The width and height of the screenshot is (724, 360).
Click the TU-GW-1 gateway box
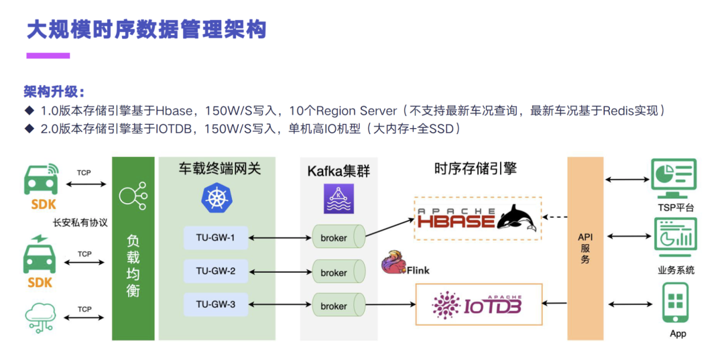tap(215, 237)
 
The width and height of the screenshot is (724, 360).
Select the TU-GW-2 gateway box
tap(215, 271)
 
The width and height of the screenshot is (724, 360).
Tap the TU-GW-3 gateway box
tap(215, 304)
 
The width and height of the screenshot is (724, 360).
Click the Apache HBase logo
tap(477, 219)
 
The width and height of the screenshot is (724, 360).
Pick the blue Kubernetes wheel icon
tap(215, 198)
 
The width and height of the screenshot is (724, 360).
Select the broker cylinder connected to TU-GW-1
tap(338, 237)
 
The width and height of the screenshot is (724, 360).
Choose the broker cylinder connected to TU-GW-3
tap(338, 306)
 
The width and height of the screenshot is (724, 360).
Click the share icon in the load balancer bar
tap(132, 195)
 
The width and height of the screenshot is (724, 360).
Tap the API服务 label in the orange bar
tap(585, 248)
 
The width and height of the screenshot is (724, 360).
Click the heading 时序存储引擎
tap(475, 168)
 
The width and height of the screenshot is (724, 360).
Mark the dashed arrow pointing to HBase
tap(554, 217)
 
